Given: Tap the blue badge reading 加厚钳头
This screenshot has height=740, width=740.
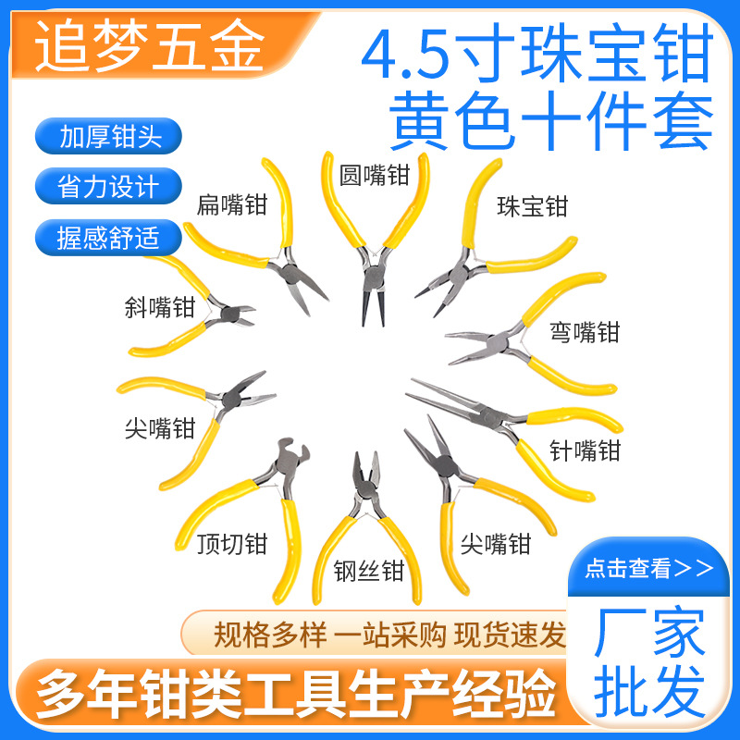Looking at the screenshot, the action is click(110, 137).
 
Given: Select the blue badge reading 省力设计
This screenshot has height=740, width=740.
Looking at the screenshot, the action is click(110, 187).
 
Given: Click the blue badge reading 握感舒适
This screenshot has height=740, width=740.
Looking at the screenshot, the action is click(110, 238).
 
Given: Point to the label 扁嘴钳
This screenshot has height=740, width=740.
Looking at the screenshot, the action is click(231, 204).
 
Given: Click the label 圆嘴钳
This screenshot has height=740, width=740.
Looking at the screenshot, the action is click(374, 174).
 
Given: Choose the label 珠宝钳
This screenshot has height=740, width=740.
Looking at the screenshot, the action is click(532, 205).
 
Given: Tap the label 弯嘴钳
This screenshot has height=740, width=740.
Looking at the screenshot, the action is click(585, 331).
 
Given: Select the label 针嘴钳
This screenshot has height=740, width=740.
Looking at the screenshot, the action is click(585, 450).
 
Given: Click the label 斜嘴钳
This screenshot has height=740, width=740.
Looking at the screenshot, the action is click(161, 306).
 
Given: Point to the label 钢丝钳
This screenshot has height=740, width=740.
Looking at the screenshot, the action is click(369, 571).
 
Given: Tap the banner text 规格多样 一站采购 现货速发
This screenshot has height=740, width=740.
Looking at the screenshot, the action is click(388, 635).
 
